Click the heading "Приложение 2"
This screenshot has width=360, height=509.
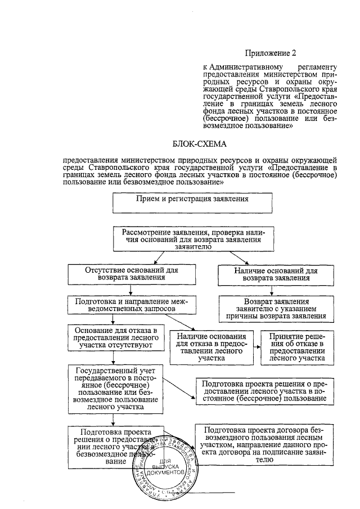[x=270, y=53]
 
